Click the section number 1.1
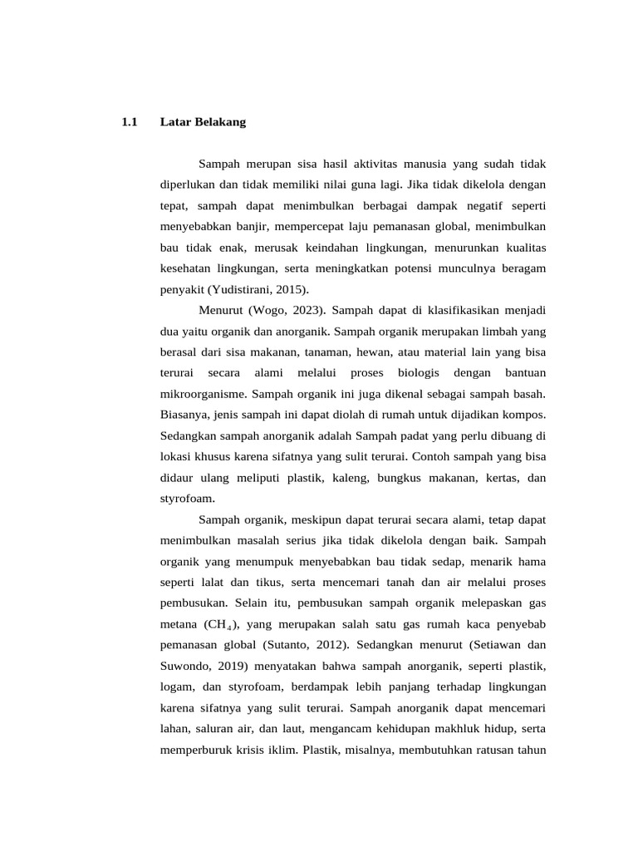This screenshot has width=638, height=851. (128, 122)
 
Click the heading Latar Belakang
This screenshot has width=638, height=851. (203, 122)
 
